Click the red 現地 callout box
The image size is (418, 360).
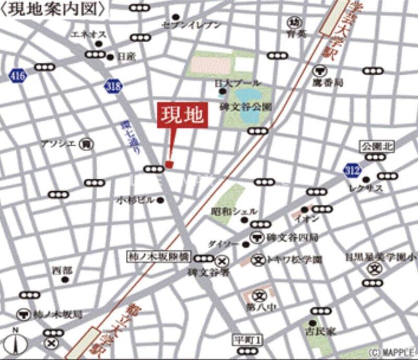pyautogui.click(x=183, y=115)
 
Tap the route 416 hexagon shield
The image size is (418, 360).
pyautogui.click(x=17, y=76)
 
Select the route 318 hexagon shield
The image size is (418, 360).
pyautogui.click(x=111, y=86)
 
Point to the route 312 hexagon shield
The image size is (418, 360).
pyautogui.click(x=352, y=169)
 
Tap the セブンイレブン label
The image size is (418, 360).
pyautogui.click(x=191, y=25)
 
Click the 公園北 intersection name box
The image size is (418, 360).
pyautogui.click(x=375, y=146)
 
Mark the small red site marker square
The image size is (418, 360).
pyautogui.click(x=169, y=165)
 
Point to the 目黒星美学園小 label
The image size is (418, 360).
pyautogui.click(x=380, y=257)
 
